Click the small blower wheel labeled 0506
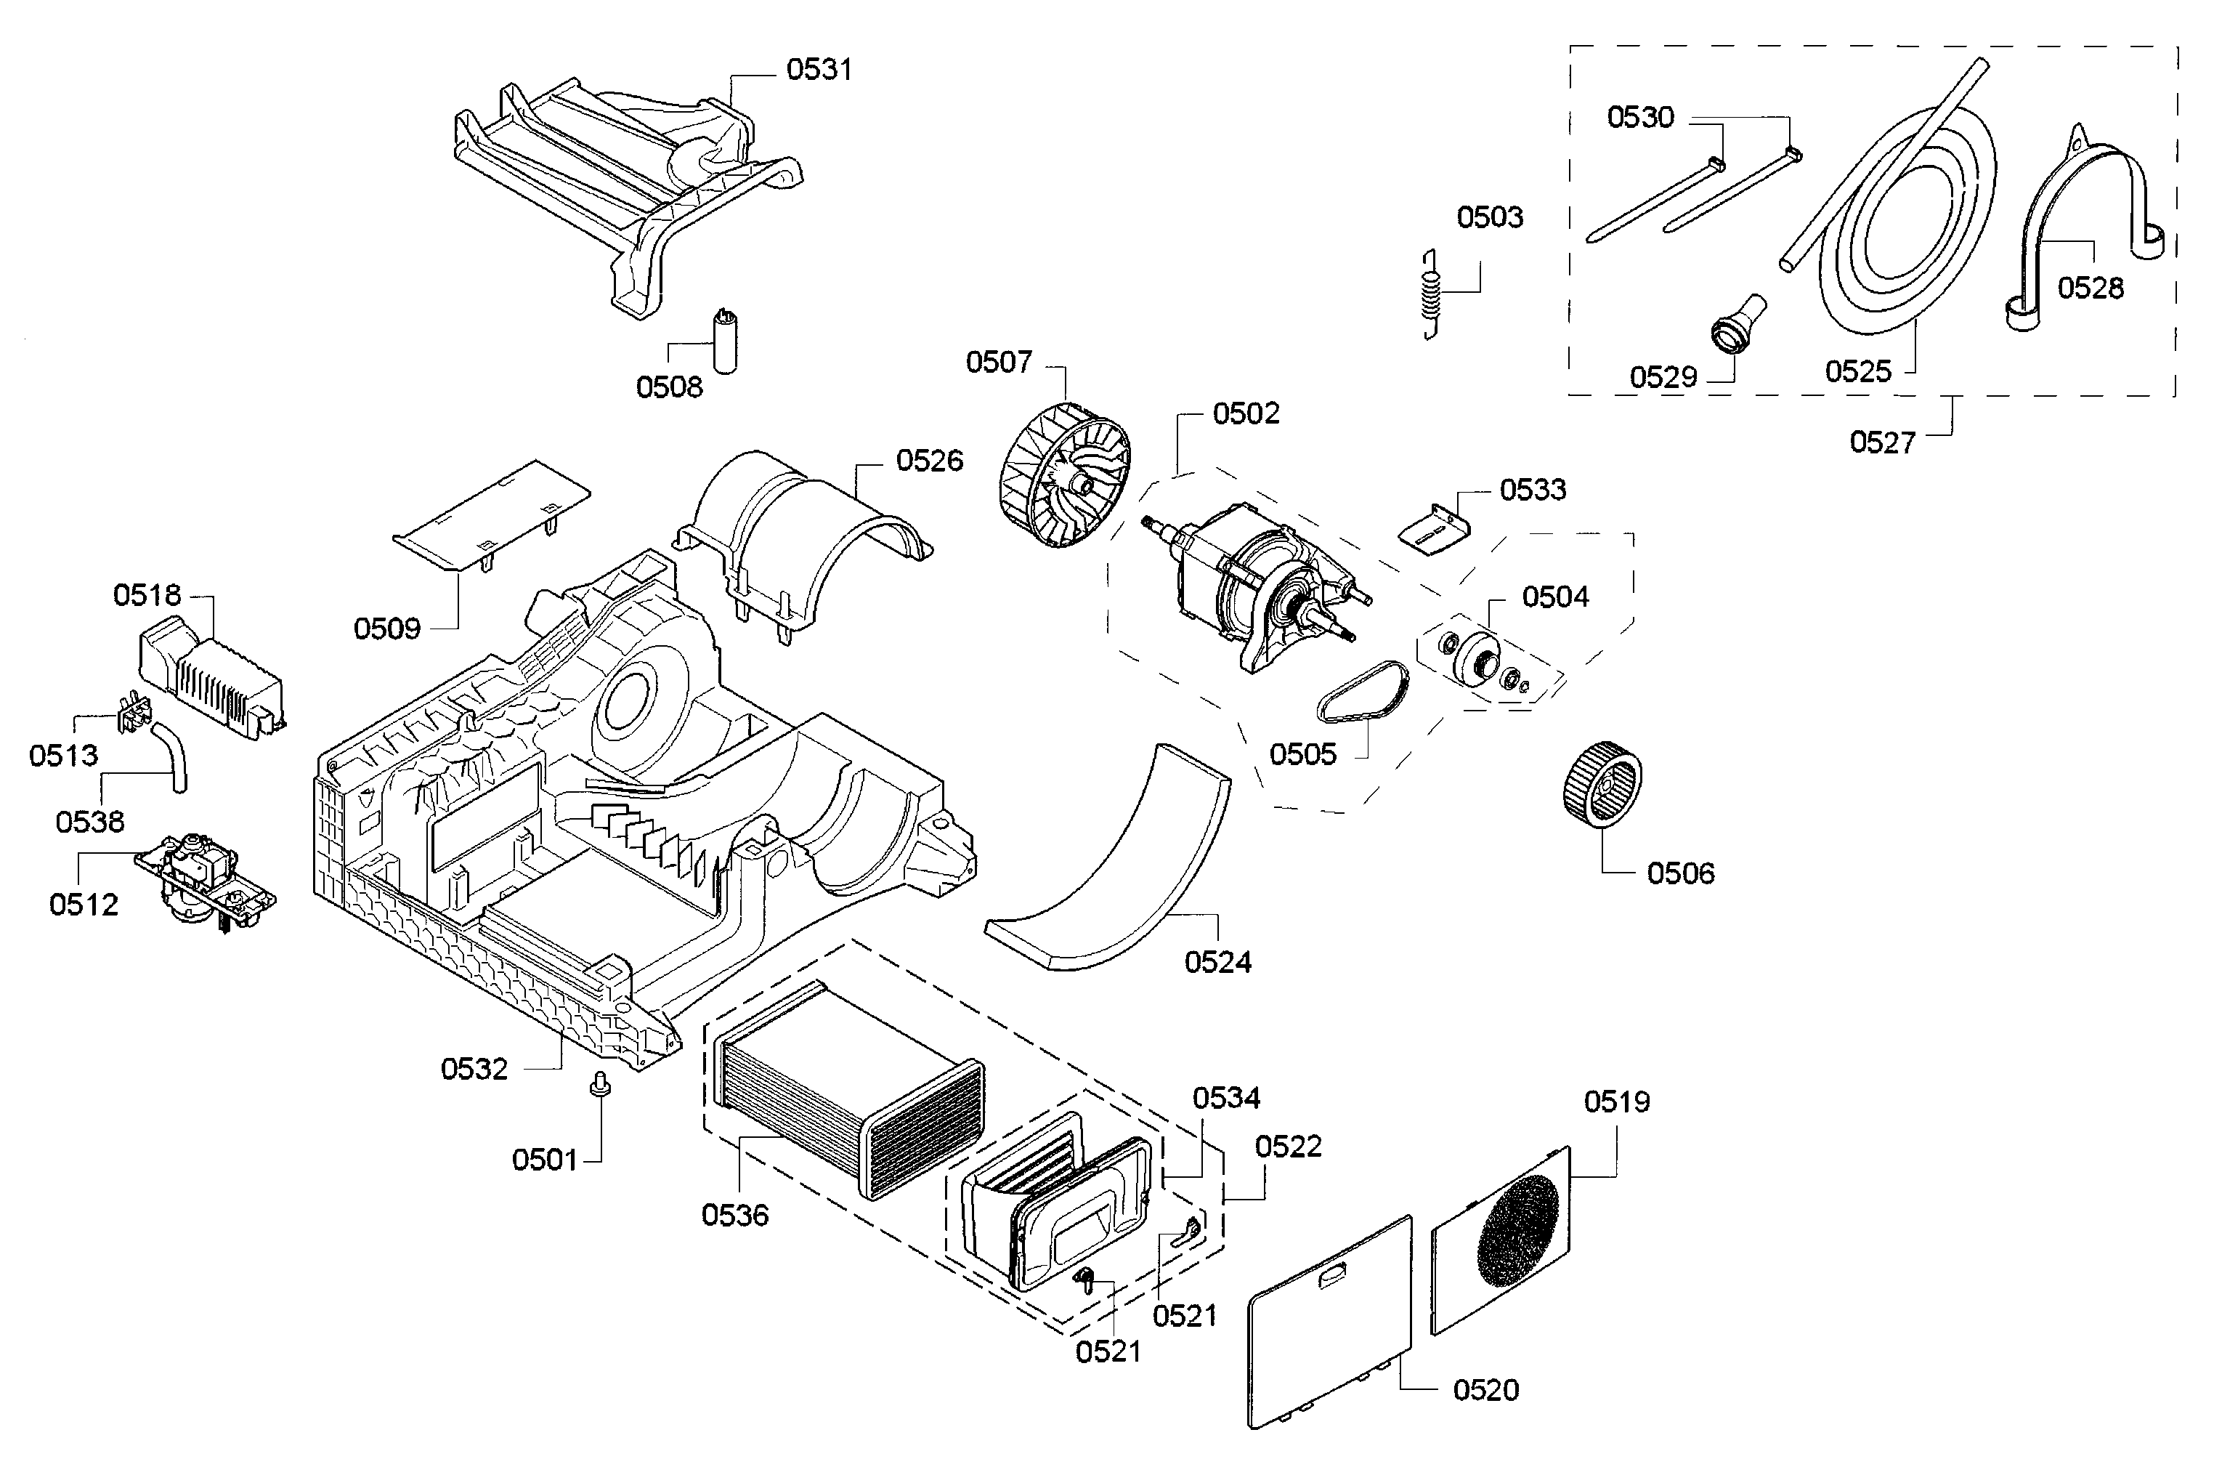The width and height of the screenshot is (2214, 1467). pyautogui.click(x=1602, y=784)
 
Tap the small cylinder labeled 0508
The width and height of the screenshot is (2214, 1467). pyautogui.click(x=725, y=344)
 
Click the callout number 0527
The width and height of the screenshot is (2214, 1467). pyautogui.click(x=1882, y=442)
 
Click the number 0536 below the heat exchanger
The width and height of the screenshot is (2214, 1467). pyautogui.click(x=734, y=1216)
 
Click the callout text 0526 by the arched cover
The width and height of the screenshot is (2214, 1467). pyautogui.click(x=929, y=461)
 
